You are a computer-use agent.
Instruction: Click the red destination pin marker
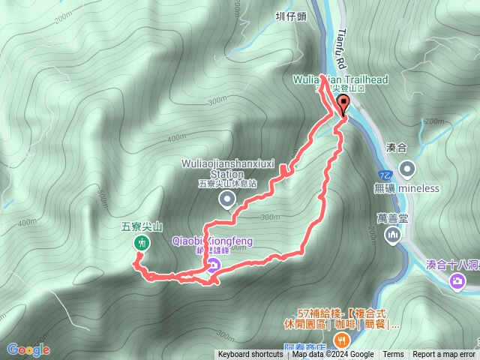[344, 105]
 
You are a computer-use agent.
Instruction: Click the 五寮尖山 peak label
[141, 224]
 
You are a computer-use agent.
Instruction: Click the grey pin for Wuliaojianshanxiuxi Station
[226, 199]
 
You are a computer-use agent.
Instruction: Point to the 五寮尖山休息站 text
[227, 183]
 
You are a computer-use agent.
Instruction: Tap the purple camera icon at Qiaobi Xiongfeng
[214, 265]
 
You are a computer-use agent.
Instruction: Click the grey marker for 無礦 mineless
[407, 168]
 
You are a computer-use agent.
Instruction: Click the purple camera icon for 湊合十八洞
[457, 281]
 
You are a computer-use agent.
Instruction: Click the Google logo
[28, 349]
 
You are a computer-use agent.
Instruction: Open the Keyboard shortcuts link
[251, 355]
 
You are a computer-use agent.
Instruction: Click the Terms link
[393, 355]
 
